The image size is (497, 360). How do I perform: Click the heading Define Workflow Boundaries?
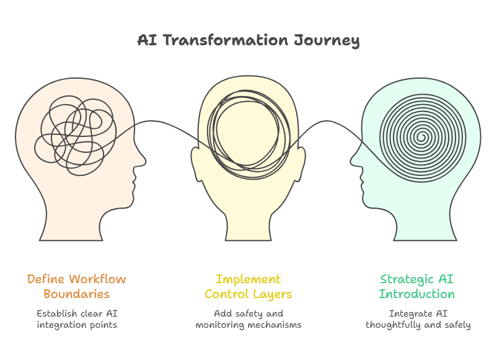point(76,286)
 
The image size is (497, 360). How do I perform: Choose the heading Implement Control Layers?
point(248,286)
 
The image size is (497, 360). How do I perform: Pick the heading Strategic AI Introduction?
point(416,286)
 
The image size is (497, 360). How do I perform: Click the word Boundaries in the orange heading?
point(76,294)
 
